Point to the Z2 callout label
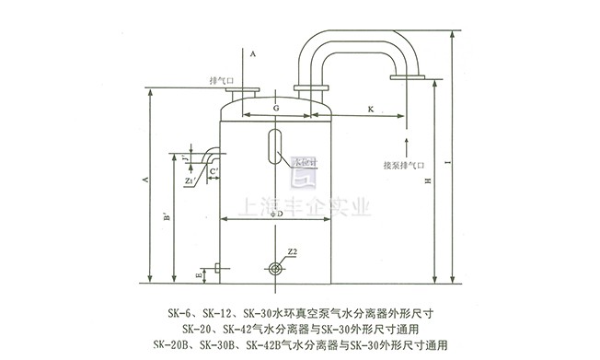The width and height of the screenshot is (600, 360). point(291,250)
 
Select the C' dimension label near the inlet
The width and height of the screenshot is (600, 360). point(213,171)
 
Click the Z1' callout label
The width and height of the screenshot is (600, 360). point(189,181)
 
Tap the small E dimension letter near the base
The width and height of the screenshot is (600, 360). point(197,273)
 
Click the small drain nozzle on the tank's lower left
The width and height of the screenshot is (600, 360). point(213,269)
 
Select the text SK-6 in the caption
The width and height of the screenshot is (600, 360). point(173,313)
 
